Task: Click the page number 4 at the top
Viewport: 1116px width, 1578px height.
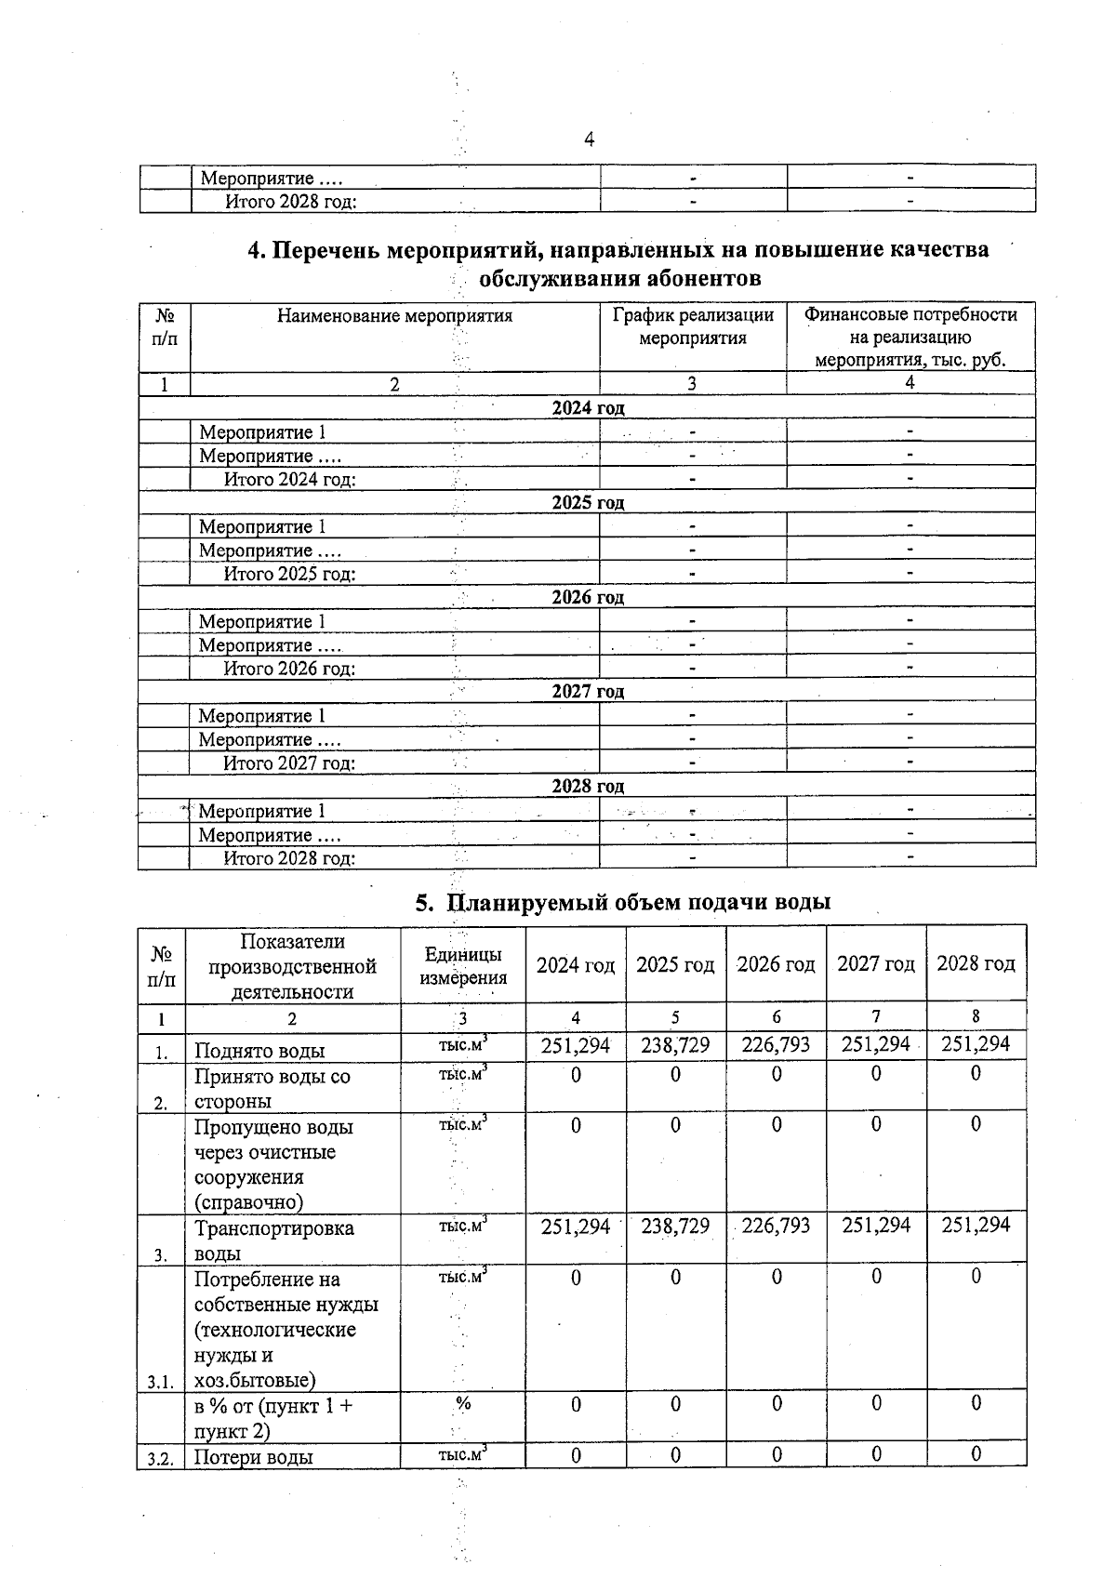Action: click(589, 139)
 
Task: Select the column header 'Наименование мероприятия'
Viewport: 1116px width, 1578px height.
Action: click(394, 315)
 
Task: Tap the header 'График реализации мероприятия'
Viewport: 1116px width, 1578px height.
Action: click(693, 326)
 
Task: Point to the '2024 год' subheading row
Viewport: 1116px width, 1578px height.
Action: click(588, 407)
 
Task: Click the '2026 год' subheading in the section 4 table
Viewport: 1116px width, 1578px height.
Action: click(588, 597)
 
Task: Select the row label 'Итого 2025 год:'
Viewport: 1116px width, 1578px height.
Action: click(289, 574)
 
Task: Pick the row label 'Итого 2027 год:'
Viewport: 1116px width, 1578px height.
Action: click(288, 763)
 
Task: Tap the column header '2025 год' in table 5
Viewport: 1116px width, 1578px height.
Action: click(675, 964)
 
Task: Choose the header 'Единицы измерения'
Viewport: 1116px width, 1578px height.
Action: click(463, 965)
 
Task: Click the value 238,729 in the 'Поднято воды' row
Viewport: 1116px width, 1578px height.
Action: click(675, 1045)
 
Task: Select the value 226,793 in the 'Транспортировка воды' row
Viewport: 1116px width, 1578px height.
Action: click(776, 1226)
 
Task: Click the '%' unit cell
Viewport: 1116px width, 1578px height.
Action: click(463, 1404)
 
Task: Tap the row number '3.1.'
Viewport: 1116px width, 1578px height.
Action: click(161, 1383)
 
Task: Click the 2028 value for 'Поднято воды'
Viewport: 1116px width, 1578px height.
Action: click(976, 1044)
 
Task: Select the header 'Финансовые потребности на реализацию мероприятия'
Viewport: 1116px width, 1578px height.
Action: click(910, 337)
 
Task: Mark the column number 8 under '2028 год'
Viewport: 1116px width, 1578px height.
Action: click(976, 1016)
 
